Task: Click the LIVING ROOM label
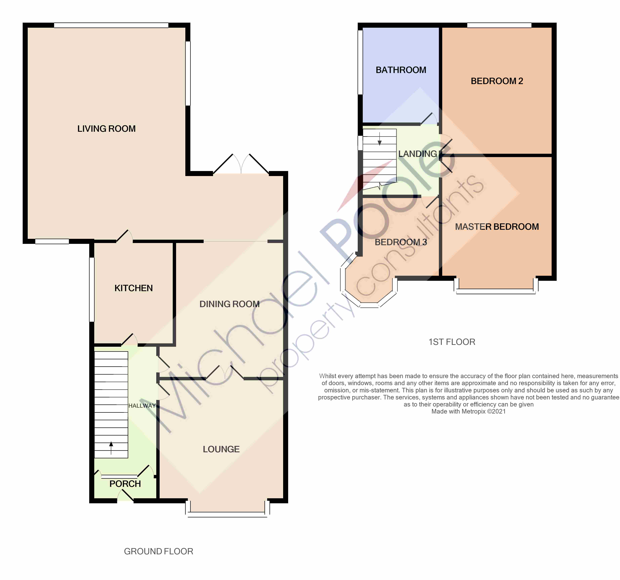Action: click(106, 129)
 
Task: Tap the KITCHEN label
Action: click(133, 288)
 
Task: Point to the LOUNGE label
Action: click(221, 449)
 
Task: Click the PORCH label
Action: click(125, 484)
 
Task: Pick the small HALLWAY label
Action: click(142, 406)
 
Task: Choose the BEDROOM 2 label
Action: click(497, 81)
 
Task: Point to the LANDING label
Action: click(418, 154)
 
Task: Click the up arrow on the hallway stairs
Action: click(111, 448)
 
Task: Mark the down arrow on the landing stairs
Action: click(380, 139)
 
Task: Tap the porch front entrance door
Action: click(125, 495)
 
